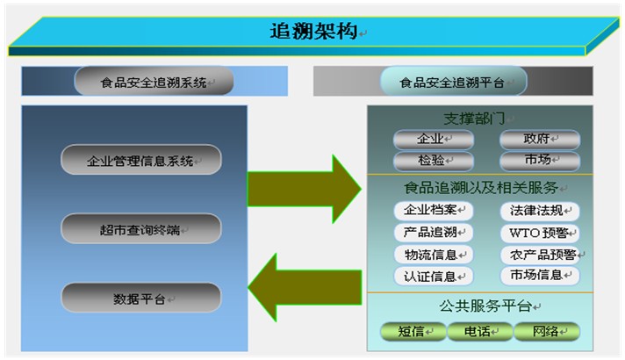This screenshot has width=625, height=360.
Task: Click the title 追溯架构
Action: click(x=313, y=32)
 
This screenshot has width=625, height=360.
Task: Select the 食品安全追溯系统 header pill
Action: click(x=154, y=83)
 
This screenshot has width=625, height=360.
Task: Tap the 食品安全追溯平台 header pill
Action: click(x=452, y=83)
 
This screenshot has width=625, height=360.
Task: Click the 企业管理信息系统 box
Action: click(x=140, y=161)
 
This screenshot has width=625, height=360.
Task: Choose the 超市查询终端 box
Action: click(x=140, y=229)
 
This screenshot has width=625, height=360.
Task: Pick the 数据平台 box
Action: click(x=140, y=299)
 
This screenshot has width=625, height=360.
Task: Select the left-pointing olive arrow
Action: click(x=304, y=284)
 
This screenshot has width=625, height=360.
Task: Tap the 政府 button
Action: click(x=539, y=140)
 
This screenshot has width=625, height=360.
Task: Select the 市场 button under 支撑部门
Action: click(x=539, y=161)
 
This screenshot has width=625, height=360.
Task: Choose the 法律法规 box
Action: click(x=539, y=211)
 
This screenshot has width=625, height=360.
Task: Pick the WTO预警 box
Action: click(x=539, y=233)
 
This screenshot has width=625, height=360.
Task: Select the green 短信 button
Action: click(x=413, y=331)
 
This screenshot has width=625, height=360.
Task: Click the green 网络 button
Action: click(x=546, y=331)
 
